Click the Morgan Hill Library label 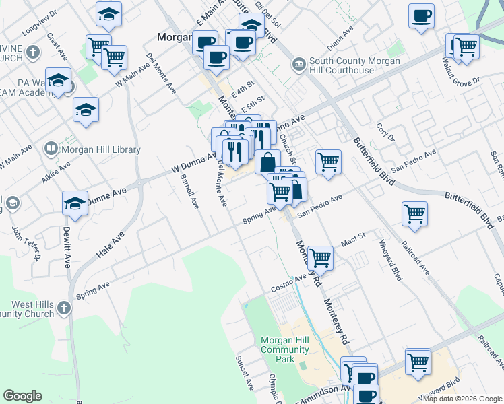[x=101, y=149]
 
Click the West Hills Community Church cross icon [x=63, y=308]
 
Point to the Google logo [x=23, y=396]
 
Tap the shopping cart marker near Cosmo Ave [x=320, y=258]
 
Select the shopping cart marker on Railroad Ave [x=414, y=214]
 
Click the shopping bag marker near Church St [x=267, y=162]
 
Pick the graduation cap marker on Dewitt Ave [x=75, y=203]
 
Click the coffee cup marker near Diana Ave [x=421, y=15]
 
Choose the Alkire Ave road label [x=55, y=170]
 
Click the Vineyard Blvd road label [x=390, y=263]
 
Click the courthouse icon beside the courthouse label [x=298, y=65]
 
